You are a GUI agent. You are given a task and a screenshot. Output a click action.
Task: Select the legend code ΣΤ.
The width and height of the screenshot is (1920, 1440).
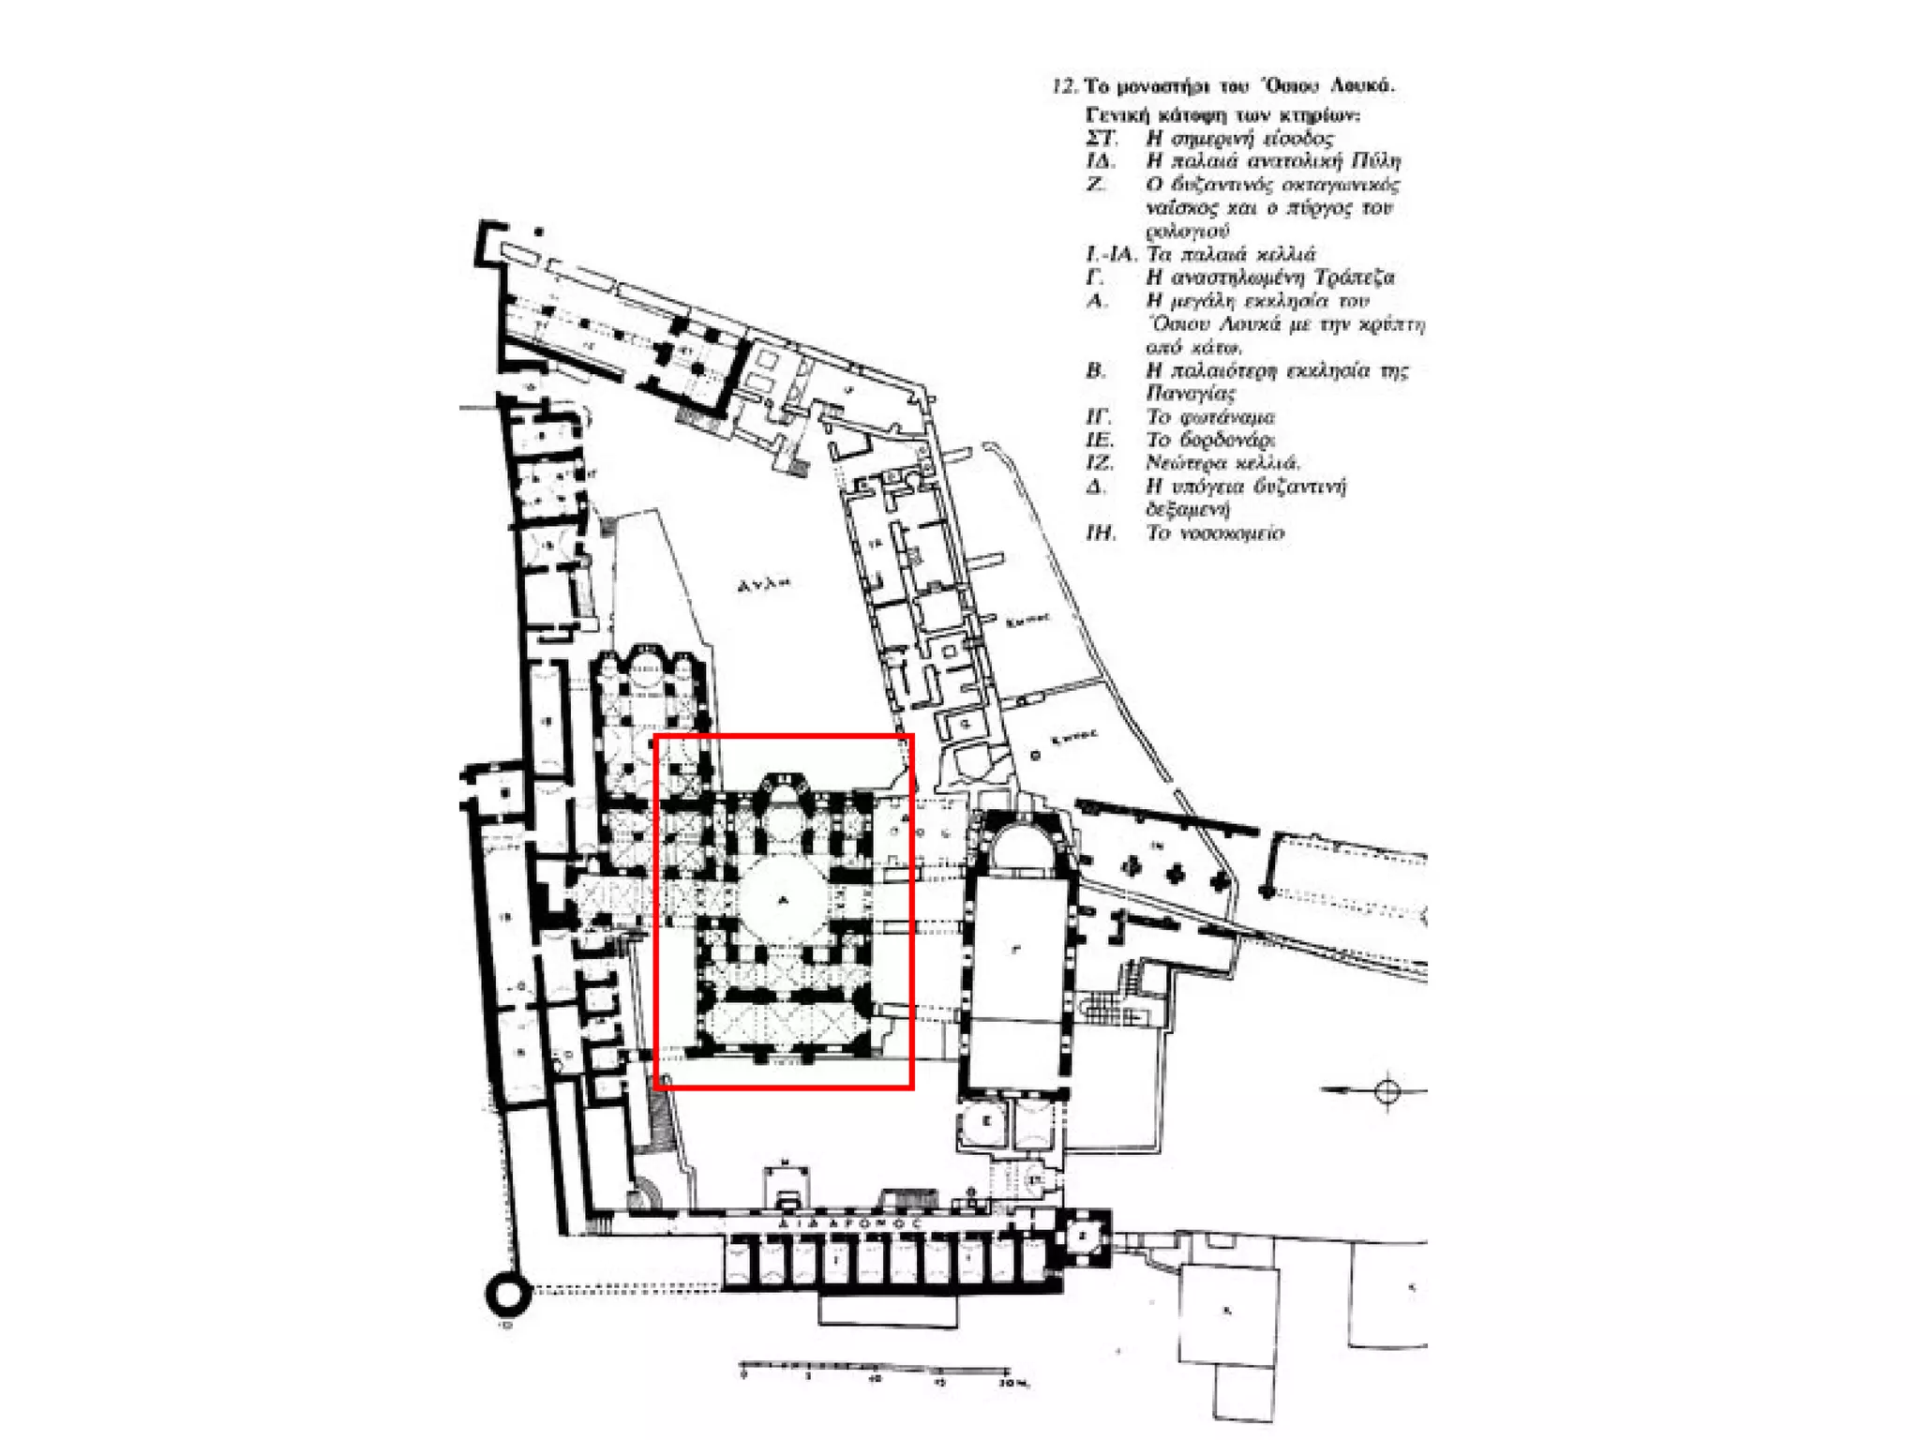[x=1102, y=139]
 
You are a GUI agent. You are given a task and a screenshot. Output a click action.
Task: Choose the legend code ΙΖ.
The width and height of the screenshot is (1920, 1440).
[x=1100, y=463]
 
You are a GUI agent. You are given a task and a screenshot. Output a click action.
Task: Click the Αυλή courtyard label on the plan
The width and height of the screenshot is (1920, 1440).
[x=763, y=584]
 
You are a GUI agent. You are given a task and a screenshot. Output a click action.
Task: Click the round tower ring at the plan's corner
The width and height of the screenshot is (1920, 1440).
[x=507, y=1296]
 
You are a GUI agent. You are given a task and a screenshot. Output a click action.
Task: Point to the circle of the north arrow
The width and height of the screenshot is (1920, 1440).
[x=1387, y=1090]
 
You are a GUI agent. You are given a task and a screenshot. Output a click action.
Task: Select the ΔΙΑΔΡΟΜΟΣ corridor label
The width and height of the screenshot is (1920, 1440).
[x=851, y=1223]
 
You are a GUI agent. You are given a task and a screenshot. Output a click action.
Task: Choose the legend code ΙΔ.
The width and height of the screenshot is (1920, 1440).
[x=1101, y=161]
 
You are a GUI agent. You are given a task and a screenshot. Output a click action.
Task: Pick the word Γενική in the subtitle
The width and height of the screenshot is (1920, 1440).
[x=1117, y=115]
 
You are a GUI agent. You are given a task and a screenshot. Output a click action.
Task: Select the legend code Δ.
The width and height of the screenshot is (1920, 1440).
[x=1095, y=487]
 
